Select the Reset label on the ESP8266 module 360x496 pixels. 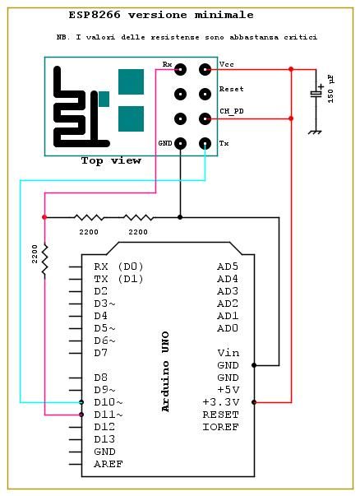[x=232, y=89]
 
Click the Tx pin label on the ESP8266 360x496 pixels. [x=224, y=143]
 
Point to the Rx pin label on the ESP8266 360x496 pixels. [x=168, y=64]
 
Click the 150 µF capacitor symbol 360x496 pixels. [x=316, y=94]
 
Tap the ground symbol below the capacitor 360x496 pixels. [x=313, y=132]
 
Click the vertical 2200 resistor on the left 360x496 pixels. [x=44, y=259]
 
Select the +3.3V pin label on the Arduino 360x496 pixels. [x=221, y=401]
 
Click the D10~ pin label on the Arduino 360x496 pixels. [x=108, y=401]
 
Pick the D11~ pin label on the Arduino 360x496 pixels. [x=108, y=414]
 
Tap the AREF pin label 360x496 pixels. [x=108, y=463]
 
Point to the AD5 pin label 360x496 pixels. [x=227, y=267]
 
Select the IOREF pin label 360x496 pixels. [x=221, y=426]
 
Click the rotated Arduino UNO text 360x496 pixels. [x=165, y=370]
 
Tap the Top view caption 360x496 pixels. [x=111, y=161]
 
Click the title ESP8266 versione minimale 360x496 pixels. [x=161, y=15]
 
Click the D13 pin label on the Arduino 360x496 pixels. [x=105, y=438]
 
